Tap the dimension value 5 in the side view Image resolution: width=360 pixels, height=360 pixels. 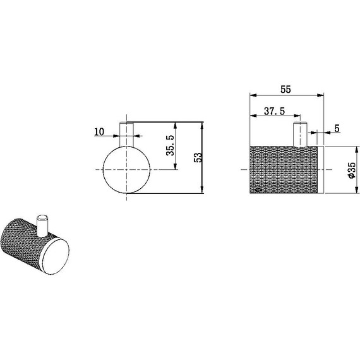pyautogui.click(x=337, y=128)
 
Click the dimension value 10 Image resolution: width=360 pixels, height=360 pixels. pyautogui.click(x=99, y=131)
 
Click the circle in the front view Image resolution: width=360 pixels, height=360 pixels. pyautogui.click(x=126, y=171)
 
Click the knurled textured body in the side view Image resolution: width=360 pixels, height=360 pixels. pyautogui.click(x=284, y=171)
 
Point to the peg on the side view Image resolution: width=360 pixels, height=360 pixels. pyautogui.click(x=299, y=135)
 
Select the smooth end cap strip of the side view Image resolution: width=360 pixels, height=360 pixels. pyautogui.click(x=321, y=171)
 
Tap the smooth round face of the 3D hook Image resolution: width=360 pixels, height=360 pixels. pyautogui.click(x=55, y=255)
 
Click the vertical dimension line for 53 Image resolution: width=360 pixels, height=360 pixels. pyautogui.click(x=203, y=158)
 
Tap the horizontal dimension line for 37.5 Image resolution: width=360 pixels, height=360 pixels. pyautogui.click(x=275, y=116)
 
